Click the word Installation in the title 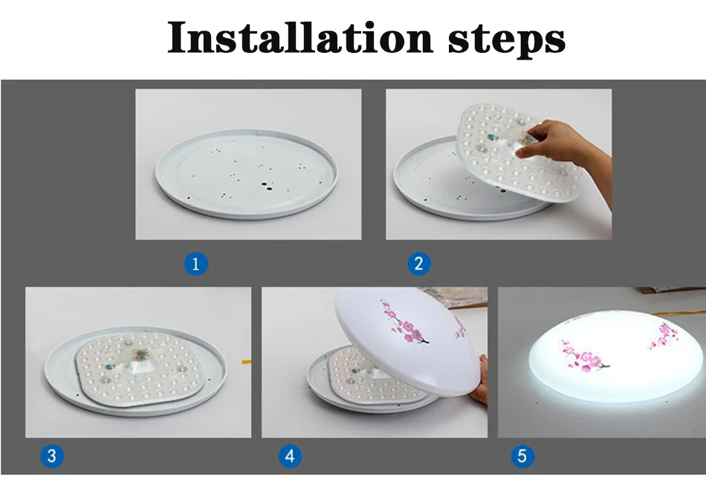[299, 37]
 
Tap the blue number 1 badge [196, 264]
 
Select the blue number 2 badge [418, 264]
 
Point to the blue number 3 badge [52, 455]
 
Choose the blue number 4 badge [290, 456]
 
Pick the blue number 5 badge [522, 456]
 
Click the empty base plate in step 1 [246, 173]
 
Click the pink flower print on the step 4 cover [404, 321]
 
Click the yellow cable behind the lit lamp [680, 314]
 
